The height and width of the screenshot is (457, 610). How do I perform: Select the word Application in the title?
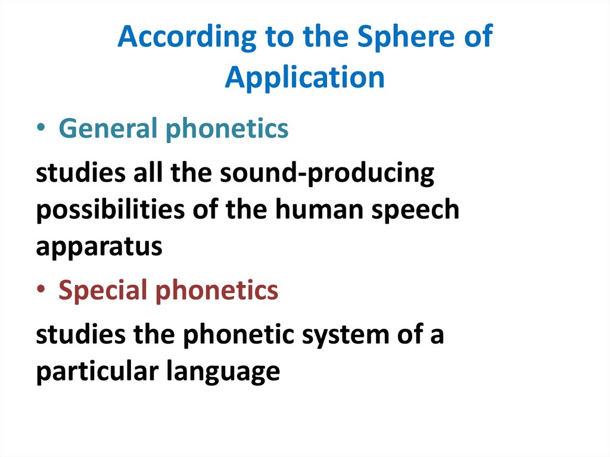[x=304, y=78]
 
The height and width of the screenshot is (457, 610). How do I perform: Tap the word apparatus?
[x=99, y=247]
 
